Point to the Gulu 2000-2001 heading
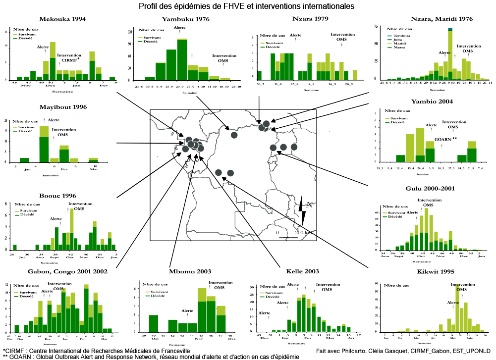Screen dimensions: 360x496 430,189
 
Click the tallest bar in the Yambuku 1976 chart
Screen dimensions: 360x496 182,59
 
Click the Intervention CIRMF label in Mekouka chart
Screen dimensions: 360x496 69,58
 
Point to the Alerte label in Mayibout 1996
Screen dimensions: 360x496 54,120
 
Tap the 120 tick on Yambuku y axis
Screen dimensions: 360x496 130,32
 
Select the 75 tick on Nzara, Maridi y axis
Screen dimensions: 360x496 377,25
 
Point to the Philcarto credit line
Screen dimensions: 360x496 404,351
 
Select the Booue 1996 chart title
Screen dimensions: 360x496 58,196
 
